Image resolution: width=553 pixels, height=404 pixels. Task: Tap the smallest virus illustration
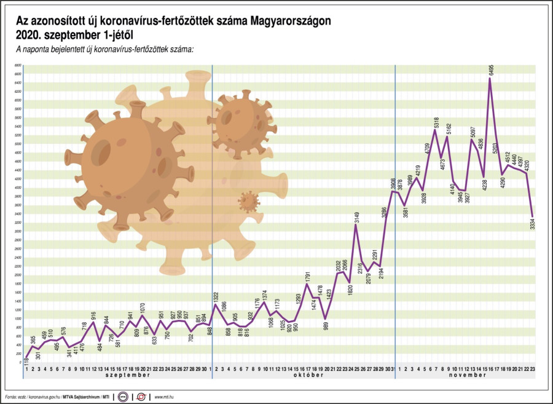(249, 201)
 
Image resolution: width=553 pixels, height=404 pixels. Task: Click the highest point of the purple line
(490, 79)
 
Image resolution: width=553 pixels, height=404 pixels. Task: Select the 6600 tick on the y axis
(18, 65)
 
